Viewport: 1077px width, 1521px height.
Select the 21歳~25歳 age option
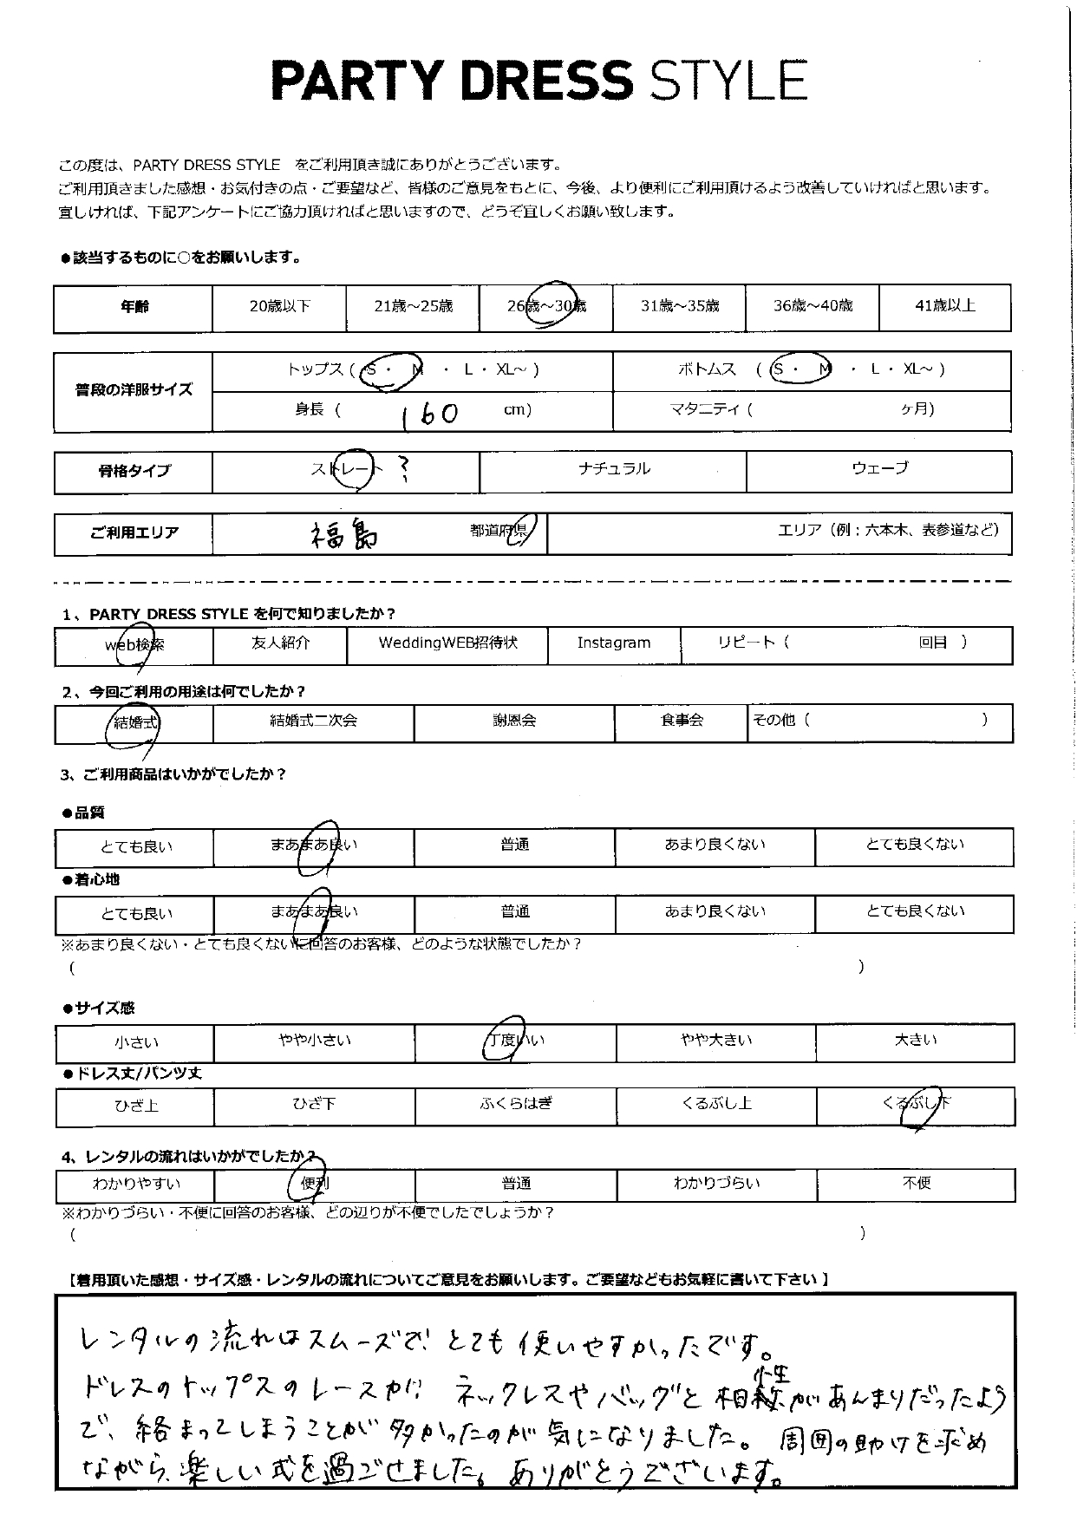coord(413,306)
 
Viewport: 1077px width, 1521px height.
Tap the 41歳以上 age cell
coord(944,305)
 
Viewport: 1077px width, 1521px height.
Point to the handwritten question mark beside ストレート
coord(400,469)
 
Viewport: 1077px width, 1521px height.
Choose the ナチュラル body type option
coord(613,469)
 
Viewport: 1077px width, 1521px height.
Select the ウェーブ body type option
coord(879,468)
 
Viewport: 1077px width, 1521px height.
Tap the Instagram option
coord(613,643)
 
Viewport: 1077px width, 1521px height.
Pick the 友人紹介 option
coord(279,643)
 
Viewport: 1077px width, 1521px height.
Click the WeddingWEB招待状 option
coord(447,643)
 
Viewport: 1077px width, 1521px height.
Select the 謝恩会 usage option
coord(513,721)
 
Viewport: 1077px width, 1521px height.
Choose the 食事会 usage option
coord(682,721)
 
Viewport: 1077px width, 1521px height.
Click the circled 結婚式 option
coord(135,722)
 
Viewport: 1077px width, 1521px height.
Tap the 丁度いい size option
coord(515,1040)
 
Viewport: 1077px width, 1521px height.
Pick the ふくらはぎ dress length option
coord(515,1104)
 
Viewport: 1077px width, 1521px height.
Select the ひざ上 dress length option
coord(135,1106)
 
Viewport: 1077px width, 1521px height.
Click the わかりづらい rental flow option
coord(716,1183)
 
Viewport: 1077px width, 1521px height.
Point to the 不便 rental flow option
coord(916,1183)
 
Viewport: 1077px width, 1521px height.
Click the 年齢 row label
coord(134,307)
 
